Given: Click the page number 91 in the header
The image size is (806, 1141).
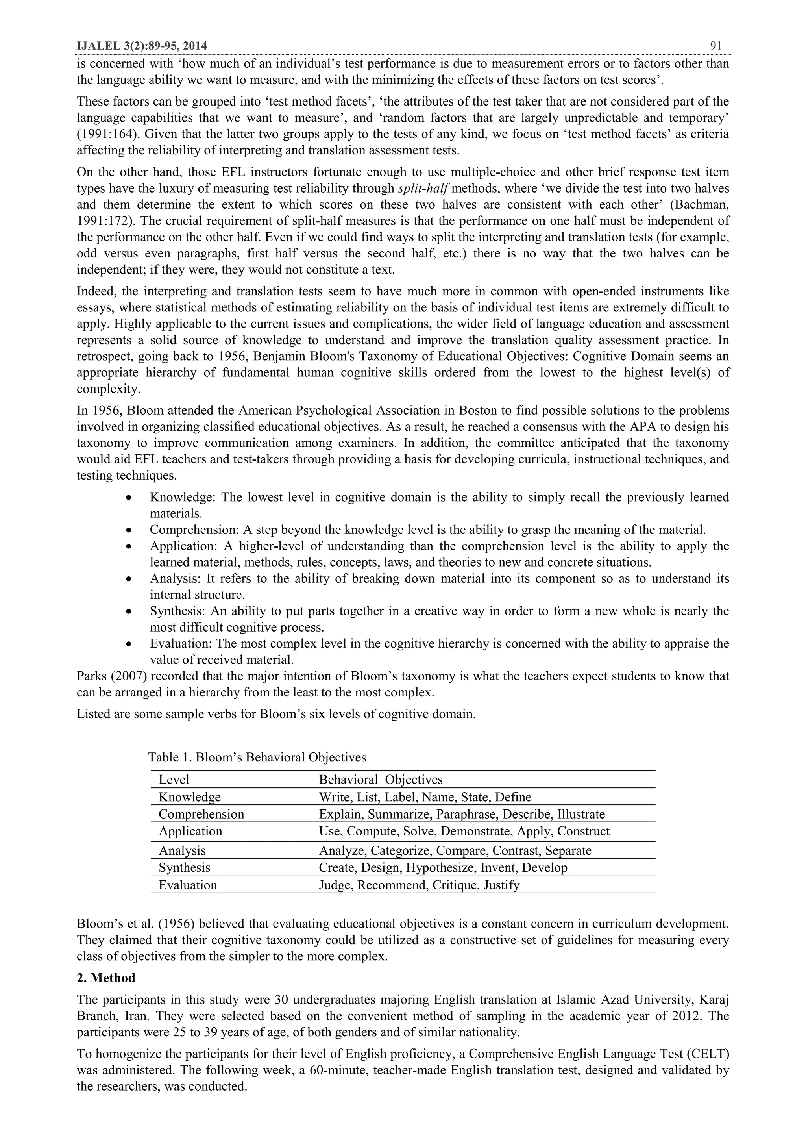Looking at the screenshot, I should (715, 46).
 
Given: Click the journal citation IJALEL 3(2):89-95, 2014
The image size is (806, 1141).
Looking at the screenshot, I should (142, 46).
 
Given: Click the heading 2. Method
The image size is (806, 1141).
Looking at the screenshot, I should (106, 978).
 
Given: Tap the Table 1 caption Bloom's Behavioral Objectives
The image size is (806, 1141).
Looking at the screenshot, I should (257, 757).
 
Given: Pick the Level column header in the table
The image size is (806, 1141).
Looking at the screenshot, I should (174, 779).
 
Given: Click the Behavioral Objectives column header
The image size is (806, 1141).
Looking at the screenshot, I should (381, 779).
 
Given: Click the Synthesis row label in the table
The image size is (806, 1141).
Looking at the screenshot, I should (184, 867).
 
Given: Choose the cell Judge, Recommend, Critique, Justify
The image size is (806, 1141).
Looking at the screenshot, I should (419, 885).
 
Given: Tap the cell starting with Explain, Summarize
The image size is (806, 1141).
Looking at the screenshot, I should (461, 814).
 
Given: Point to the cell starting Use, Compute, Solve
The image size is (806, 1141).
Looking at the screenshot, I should (464, 831).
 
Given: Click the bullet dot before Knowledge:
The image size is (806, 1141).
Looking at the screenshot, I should (129, 497).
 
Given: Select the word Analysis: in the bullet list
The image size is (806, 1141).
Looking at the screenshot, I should (175, 578).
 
